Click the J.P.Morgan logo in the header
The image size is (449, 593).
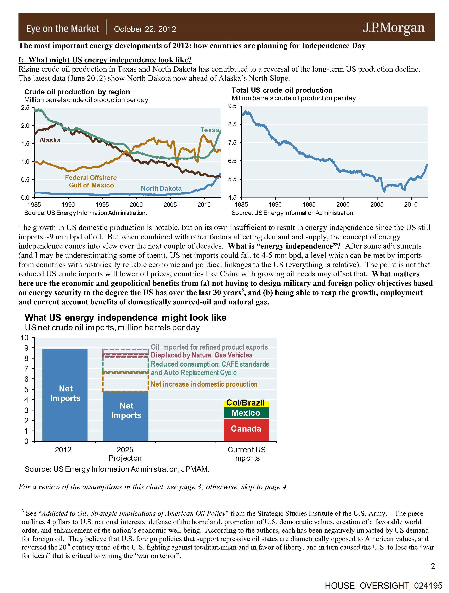394,28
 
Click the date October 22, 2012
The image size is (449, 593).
145,29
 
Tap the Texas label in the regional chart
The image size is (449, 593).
210,130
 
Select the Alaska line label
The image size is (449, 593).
50,140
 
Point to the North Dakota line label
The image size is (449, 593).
161,189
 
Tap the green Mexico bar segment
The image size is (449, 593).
246,413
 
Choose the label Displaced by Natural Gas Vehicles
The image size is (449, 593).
201,355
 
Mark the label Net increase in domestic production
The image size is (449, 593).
204,384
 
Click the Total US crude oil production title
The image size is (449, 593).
282,90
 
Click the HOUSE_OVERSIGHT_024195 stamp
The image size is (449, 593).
383,585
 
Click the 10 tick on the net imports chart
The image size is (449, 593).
25,338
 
